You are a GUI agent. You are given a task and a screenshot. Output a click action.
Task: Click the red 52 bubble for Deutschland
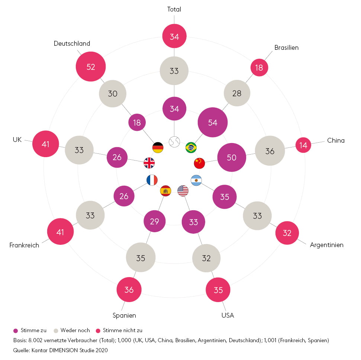click(91, 67)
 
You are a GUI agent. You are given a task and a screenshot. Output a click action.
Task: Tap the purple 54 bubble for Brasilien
click(213, 123)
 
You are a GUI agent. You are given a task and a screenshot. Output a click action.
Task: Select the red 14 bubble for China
click(303, 145)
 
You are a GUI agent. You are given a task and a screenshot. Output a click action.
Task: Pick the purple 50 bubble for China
click(232, 157)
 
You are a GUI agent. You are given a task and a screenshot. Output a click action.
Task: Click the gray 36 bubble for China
click(270, 151)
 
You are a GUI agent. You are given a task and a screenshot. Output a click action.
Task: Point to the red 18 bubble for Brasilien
click(259, 67)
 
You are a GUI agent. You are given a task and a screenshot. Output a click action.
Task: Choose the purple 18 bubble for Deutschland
click(137, 122)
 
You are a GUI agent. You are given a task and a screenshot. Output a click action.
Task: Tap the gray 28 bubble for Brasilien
click(237, 93)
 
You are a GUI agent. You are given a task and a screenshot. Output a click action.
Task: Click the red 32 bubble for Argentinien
click(287, 233)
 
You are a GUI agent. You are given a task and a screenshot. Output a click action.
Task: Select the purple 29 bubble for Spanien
click(154, 221)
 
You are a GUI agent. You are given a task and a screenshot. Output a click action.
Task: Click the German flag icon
click(158, 147)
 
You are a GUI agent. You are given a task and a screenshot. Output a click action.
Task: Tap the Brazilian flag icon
click(191, 147)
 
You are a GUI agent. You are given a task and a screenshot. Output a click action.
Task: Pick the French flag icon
click(152, 180)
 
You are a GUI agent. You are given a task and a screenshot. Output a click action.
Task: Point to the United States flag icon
click(183, 191)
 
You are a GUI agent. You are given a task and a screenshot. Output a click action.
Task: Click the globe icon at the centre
click(174, 142)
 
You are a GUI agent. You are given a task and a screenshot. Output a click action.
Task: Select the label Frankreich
click(24, 245)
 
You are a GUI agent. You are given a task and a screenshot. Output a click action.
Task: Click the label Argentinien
click(326, 245)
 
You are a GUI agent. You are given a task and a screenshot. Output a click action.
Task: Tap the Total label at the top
click(174, 9)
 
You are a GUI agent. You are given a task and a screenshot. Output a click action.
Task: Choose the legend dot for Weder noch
click(57, 330)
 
